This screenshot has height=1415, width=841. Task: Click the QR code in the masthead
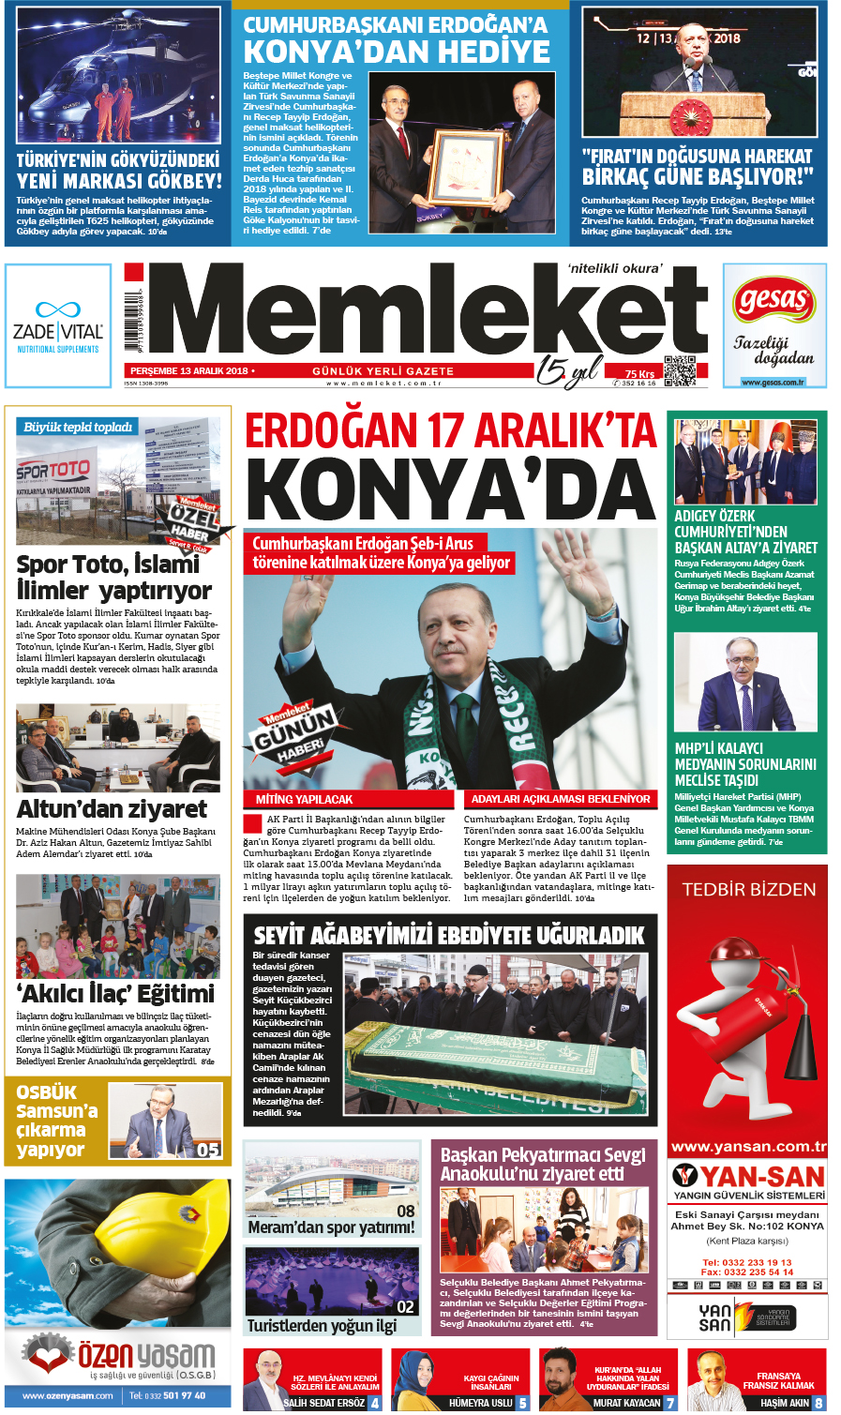tap(680, 370)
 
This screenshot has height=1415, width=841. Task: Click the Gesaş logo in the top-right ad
tap(774, 301)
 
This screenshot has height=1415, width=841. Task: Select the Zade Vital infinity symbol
tap(58, 309)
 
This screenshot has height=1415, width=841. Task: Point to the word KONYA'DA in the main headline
tap(450, 492)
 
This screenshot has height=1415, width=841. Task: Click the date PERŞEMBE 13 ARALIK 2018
tap(188, 371)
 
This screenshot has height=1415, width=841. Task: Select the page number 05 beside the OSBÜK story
tap(208, 1150)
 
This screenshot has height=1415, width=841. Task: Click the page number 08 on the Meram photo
tap(406, 1211)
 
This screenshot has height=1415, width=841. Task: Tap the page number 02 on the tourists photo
tap(406, 1306)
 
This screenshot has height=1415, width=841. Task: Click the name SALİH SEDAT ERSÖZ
tap(324, 1403)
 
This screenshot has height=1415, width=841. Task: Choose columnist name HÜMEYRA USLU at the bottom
tap(480, 1403)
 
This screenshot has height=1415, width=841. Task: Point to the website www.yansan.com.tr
tap(748, 1146)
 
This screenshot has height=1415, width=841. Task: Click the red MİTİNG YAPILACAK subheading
tap(305, 800)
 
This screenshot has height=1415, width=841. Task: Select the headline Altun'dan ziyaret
tap(112, 809)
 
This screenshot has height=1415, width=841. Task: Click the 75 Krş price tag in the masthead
tap(640, 373)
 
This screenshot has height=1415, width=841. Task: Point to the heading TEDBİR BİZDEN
tap(748, 889)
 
